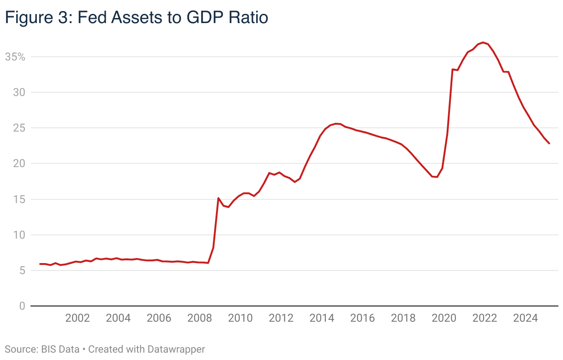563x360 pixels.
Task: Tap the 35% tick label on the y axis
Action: (x=15, y=57)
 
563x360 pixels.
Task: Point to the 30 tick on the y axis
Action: (x=18, y=93)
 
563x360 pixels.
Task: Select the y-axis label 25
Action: (x=18, y=128)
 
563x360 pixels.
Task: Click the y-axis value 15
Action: (x=18, y=199)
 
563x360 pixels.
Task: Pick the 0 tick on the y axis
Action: (x=21, y=306)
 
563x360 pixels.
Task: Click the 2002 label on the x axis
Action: (x=77, y=318)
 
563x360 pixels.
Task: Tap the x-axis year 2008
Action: (x=199, y=318)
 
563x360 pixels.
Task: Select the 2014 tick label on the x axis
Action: (x=322, y=318)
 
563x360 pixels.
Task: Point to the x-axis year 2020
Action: (x=444, y=318)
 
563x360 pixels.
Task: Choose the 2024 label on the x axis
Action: (x=526, y=318)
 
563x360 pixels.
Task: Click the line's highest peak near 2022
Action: (x=483, y=42)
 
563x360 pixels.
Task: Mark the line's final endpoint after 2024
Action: (x=549, y=144)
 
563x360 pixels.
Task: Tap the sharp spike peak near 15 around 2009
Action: (x=218, y=198)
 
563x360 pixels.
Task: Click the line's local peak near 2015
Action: (x=336, y=124)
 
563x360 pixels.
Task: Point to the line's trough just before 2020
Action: (x=437, y=177)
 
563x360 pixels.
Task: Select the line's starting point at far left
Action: (x=40, y=264)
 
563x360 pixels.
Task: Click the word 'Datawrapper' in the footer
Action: (x=176, y=349)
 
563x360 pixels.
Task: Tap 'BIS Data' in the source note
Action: (x=60, y=349)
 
